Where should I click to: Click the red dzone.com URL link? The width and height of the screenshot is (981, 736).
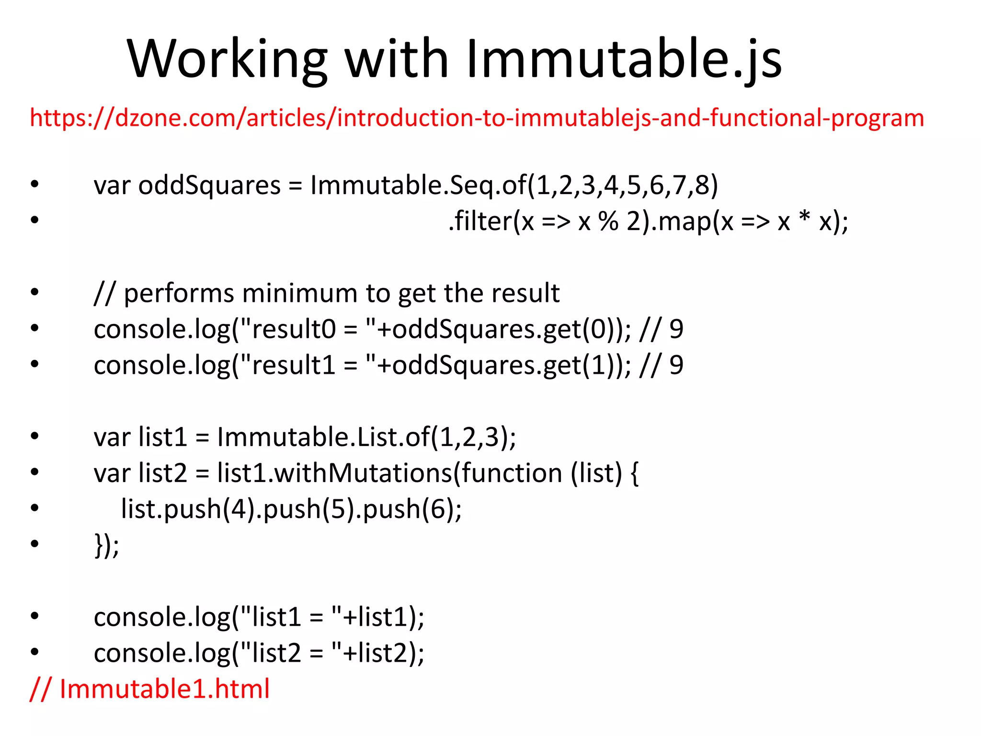pos(477,118)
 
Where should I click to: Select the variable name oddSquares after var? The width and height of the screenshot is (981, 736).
pos(209,185)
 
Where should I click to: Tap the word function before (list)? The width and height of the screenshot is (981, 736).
pos(512,473)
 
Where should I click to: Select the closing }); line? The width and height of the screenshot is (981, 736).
pos(106,545)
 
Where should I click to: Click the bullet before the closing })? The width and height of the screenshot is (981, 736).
pos(34,544)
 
